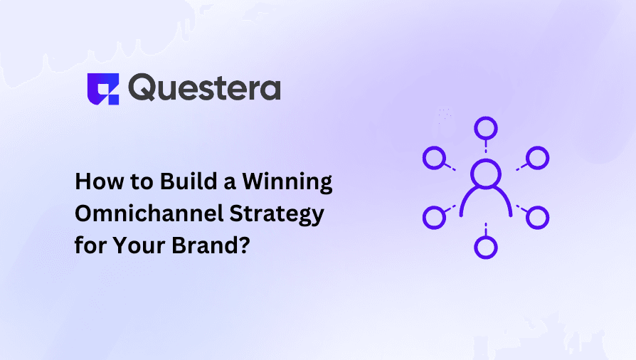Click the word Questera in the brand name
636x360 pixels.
pyautogui.click(x=205, y=88)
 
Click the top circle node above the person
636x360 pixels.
pyautogui.click(x=486, y=129)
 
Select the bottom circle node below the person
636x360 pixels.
pyautogui.click(x=486, y=247)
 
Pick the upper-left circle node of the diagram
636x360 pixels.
pyautogui.click(x=433, y=158)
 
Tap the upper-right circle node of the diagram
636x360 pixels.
pyautogui.click(x=538, y=158)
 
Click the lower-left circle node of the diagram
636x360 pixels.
pyautogui.click(x=433, y=216)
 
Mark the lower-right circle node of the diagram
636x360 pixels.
pyautogui.click(x=538, y=216)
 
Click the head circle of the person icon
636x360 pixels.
pyautogui.click(x=486, y=174)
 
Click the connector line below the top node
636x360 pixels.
pyautogui.click(x=486, y=147)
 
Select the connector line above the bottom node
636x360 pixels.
pyautogui.click(x=486, y=228)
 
